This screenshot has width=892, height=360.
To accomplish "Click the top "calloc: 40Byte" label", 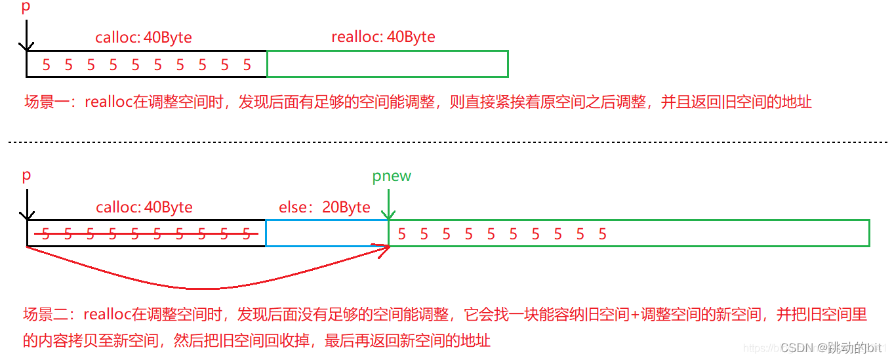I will pyautogui.click(x=144, y=37).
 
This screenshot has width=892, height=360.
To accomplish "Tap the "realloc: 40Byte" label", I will pyautogui.click(x=383, y=37).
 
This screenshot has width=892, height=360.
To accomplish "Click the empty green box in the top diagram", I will pyautogui.click(x=388, y=64).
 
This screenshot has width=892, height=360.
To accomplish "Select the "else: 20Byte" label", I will pyautogui.click(x=324, y=208).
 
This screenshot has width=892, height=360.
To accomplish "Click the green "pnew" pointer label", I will pyautogui.click(x=392, y=176).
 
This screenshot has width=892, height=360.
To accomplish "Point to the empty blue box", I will pyautogui.click(x=327, y=233).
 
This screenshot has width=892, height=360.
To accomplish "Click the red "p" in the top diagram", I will pyautogui.click(x=26, y=7).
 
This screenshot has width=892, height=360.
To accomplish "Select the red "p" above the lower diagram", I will pyautogui.click(x=26, y=176).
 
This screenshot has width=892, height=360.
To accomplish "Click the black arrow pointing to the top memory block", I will pyautogui.click(x=26, y=35).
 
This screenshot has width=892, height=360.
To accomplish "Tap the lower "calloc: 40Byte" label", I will pyautogui.click(x=144, y=208).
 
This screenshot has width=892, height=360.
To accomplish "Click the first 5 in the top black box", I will pyautogui.click(x=46, y=65).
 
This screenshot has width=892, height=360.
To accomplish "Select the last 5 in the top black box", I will pyautogui.click(x=247, y=65).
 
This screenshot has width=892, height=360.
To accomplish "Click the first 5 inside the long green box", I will pyautogui.click(x=401, y=234).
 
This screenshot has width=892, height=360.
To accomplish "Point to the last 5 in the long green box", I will pyautogui.click(x=602, y=234).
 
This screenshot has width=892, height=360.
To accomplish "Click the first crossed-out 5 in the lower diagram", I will pyautogui.click(x=46, y=234).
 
